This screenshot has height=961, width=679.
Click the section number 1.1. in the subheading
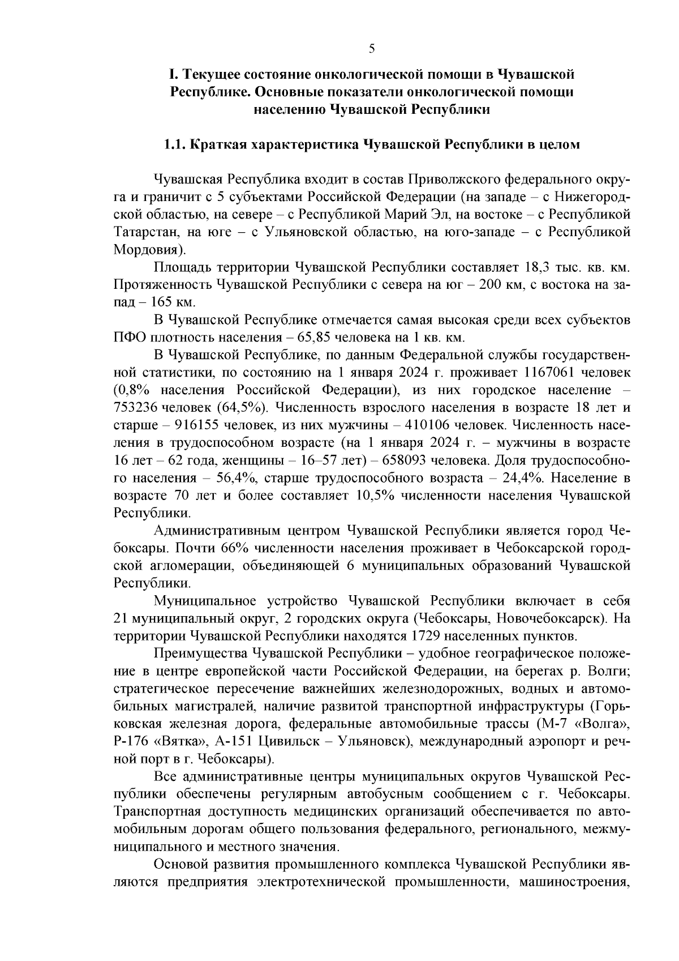pos(175,144)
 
